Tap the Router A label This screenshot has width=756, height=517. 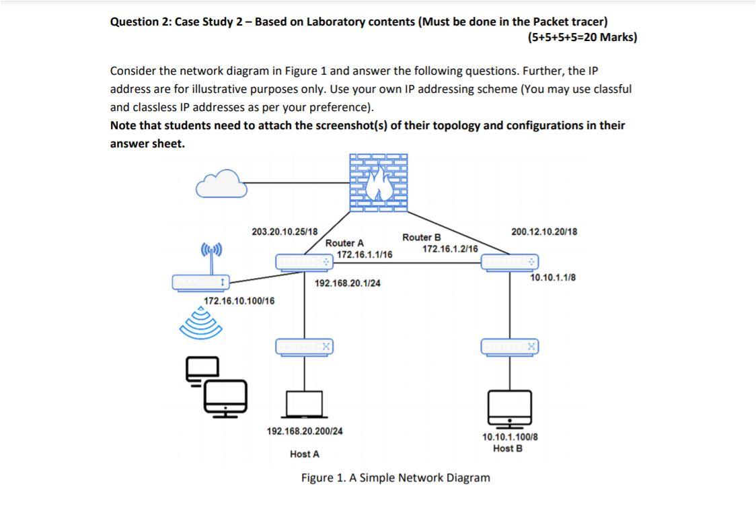344,243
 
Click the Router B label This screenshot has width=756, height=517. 422,238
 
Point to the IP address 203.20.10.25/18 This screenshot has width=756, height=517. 285,232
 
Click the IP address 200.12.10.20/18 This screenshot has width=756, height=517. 543,232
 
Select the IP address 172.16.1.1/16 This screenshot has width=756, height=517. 365,254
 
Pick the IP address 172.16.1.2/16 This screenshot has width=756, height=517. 450,249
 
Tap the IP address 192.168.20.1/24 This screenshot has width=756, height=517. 347,283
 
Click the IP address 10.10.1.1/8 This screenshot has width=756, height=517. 553,277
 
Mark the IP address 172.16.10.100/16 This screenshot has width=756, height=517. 239,301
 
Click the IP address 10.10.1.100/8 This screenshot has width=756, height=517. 509,437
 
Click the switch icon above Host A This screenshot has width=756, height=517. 305,347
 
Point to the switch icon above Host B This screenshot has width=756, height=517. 510,347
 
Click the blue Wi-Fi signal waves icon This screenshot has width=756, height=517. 200,324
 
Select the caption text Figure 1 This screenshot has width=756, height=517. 395,478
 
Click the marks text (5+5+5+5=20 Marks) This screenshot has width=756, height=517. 582,37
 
